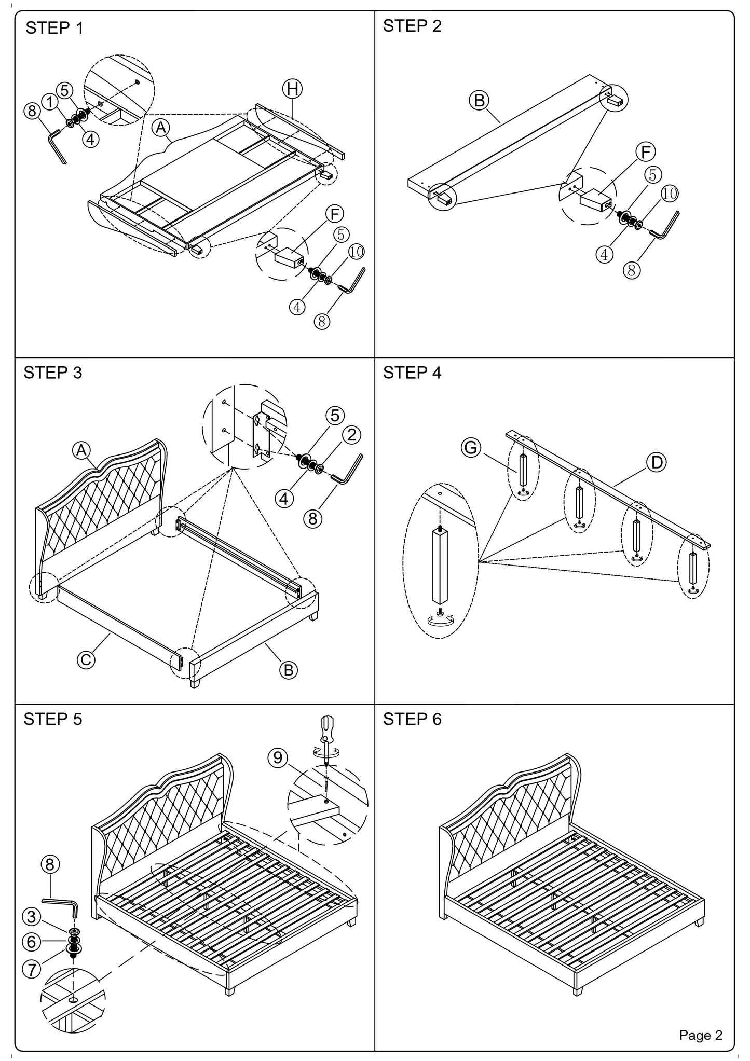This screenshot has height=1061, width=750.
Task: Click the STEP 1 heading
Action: click(x=54, y=28)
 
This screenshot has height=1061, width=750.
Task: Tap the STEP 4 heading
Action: click(x=412, y=373)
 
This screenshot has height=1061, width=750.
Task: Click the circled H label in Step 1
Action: click(x=293, y=89)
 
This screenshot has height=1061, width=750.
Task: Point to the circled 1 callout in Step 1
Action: click(x=50, y=102)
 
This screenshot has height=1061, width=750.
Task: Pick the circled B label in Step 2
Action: click(x=480, y=100)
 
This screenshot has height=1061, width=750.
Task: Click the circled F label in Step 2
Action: click(x=646, y=152)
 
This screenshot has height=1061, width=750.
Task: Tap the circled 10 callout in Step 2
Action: click(x=669, y=194)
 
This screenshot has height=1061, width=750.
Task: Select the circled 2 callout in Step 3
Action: click(x=351, y=435)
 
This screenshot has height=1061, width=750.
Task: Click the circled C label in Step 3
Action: click(x=86, y=659)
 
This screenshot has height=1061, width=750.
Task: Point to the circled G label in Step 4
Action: click(x=471, y=447)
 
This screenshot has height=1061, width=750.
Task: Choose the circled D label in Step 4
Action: click(x=657, y=462)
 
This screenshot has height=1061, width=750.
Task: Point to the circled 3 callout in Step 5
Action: click(x=32, y=917)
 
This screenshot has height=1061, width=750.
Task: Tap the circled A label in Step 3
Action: click(x=81, y=450)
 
